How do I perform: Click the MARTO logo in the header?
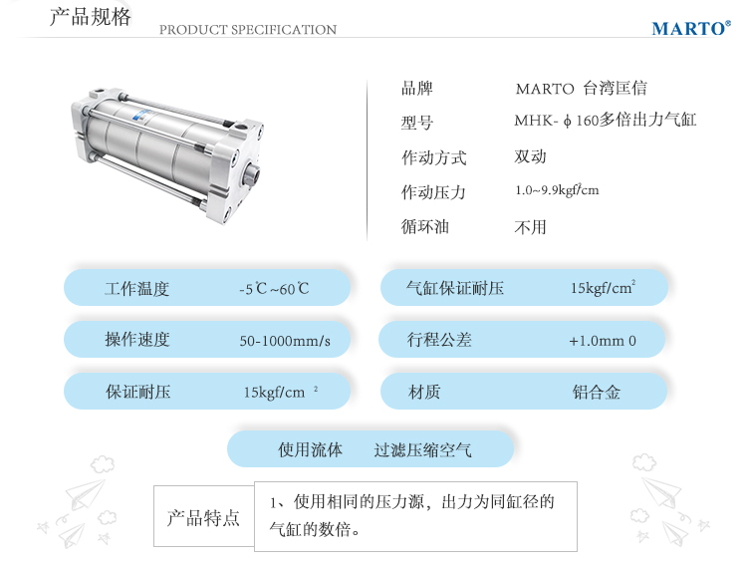pyautogui.click(x=691, y=28)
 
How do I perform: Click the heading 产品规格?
pyautogui.click(x=90, y=17)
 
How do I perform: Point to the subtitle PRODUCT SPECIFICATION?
pyautogui.click(x=248, y=30)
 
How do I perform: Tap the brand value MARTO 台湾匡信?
pyautogui.click(x=582, y=89)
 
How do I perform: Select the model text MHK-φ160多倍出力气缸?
pyautogui.click(x=605, y=120)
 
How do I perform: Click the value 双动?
pyautogui.click(x=530, y=156)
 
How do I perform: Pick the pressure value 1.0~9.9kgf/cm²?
pyautogui.click(x=557, y=189)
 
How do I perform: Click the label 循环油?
pyautogui.click(x=425, y=226)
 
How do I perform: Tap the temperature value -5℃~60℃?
pyautogui.click(x=274, y=288)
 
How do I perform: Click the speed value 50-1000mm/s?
pyautogui.click(x=285, y=341)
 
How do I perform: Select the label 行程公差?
pyautogui.click(x=439, y=340)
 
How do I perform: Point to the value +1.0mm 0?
pyautogui.click(x=603, y=341)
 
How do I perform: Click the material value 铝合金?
pyautogui.click(x=597, y=392)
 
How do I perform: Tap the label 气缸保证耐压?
pyautogui.click(x=455, y=288)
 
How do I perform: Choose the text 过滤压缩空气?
pyautogui.click(x=422, y=449)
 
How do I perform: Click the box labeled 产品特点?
pyautogui.click(x=203, y=516)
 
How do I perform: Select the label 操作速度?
pyautogui.click(x=137, y=340)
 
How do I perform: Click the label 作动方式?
pyautogui.click(x=433, y=156)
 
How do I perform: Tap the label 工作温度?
pyautogui.click(x=137, y=288)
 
